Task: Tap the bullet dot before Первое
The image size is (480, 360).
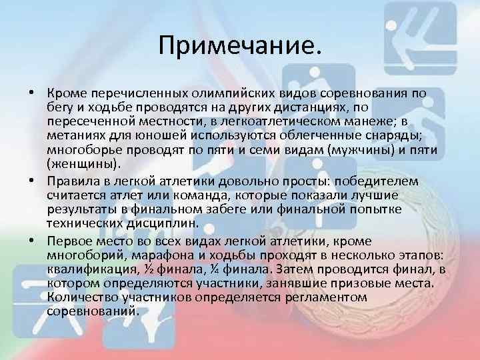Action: coord(33,241)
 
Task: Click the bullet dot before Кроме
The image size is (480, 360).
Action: coord(33,93)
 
